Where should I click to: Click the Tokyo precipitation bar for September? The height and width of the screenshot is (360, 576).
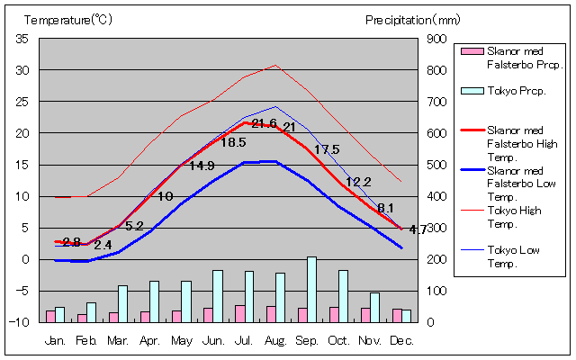pos(311,289)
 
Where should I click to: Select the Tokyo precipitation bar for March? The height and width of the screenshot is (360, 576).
pos(122,303)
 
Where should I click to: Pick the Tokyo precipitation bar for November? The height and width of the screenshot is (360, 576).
pos(374,307)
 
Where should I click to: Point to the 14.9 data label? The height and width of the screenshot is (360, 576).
pos(202,166)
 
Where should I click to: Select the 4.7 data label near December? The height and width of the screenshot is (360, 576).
pos(418,230)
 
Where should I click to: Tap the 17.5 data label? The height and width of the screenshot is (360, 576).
pos(327,149)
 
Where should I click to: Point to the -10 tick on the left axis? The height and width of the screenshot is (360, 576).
pos(20,322)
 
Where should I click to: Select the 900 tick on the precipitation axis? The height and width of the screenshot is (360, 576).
pos(436,39)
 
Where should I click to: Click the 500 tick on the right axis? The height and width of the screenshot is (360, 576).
pos(436,165)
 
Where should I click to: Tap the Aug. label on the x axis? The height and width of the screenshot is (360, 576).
pos(275,340)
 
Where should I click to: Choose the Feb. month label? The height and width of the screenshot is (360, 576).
pos(86,340)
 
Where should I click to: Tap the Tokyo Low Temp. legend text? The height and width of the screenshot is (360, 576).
pos(515,256)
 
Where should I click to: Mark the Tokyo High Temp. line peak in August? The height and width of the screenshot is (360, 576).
pos(275,65)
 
